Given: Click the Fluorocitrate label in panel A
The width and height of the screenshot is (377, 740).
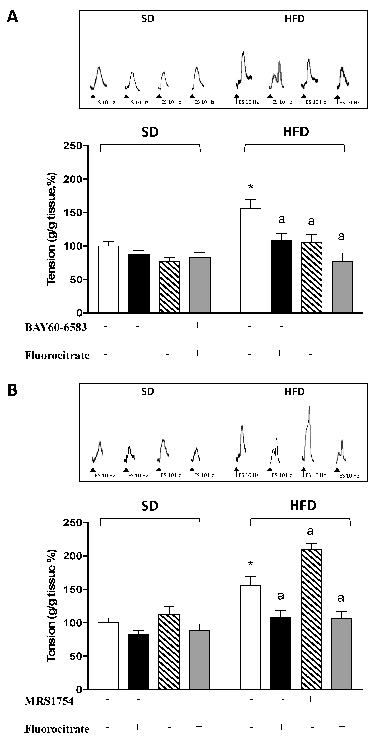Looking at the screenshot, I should click(x=57, y=355).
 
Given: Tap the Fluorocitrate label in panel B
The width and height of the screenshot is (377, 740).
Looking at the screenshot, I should click(x=57, y=729).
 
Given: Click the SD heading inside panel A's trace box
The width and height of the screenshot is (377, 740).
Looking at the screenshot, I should click(x=148, y=19).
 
